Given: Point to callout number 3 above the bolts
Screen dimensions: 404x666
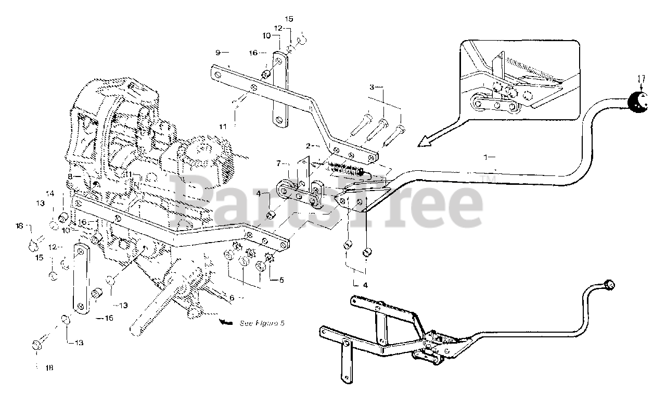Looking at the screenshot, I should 372,86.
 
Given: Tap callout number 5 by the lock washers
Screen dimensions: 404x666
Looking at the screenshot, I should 281,280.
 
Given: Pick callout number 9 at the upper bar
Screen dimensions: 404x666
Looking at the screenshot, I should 219,52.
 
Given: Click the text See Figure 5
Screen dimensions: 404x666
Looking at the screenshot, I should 262,323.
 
